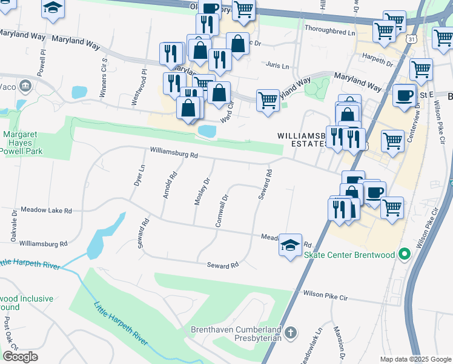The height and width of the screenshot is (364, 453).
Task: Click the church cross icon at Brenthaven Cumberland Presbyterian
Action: point(291,332)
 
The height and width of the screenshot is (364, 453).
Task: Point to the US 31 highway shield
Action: point(412,39)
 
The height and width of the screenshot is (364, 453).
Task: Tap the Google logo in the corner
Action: point(20,356)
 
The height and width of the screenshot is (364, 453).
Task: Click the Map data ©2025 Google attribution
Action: point(415,359)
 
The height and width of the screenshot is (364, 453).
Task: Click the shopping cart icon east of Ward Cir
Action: point(268,99)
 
